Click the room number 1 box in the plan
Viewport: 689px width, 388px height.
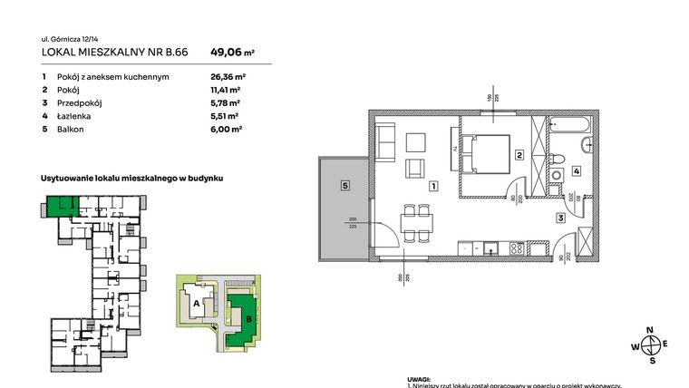(x=433, y=187)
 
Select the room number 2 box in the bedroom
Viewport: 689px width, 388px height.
(x=519, y=155)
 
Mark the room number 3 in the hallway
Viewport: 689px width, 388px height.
(x=560, y=218)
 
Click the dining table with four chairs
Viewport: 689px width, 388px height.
(x=416, y=222)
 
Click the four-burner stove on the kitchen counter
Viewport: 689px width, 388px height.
(x=517, y=247)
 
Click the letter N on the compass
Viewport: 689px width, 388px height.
(x=649, y=330)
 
